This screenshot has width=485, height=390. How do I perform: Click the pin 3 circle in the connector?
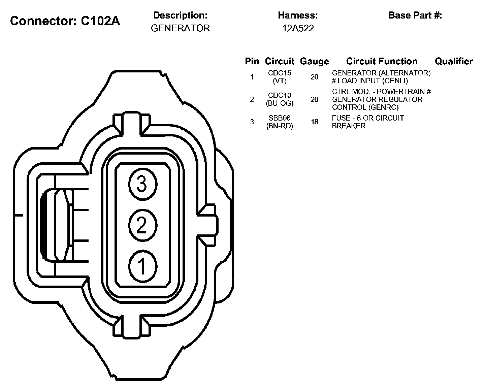point(142,184)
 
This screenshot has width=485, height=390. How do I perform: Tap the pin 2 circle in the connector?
point(142,225)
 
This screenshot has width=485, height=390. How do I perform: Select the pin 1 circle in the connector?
point(142,266)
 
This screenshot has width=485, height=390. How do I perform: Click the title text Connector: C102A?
point(65,21)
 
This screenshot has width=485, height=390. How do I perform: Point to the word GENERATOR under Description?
point(180,28)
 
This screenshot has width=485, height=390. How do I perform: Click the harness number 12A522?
point(298,28)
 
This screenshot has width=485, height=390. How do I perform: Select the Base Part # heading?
point(415,15)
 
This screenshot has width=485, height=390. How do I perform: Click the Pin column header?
point(252,61)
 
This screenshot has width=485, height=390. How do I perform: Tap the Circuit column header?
point(280,61)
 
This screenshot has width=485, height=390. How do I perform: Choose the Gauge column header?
point(314,61)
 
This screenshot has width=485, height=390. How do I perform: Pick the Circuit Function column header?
point(382,61)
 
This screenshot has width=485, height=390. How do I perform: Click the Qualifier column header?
point(454,61)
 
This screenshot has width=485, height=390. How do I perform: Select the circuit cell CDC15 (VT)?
point(280,77)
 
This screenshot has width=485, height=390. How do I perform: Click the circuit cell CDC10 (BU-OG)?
point(280,99)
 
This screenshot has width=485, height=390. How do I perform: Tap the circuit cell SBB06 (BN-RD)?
point(280,122)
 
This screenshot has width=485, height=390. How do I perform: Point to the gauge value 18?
point(314,122)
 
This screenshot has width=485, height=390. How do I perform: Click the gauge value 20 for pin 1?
point(314,77)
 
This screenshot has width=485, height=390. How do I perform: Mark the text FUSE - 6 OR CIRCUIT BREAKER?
point(367,122)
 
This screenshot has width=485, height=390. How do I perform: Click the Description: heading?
point(180,15)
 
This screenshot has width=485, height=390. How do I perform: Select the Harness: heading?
point(298,15)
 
